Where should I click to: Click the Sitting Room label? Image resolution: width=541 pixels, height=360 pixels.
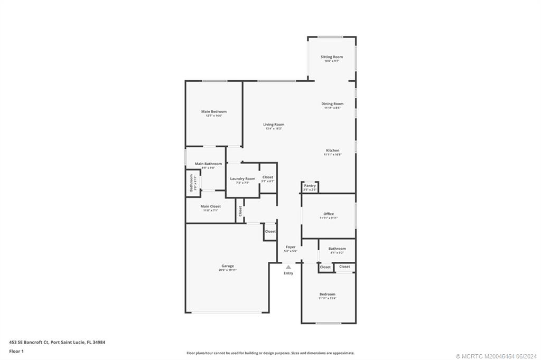tap(332, 57)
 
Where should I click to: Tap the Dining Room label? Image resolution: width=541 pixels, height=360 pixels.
tap(332, 104)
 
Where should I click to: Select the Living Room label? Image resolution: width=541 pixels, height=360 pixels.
tap(274, 125)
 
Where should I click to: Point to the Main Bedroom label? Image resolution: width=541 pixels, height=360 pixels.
tap(214, 112)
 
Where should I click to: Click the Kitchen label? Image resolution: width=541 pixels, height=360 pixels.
tap(332, 150)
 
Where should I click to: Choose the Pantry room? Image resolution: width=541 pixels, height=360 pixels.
tap(310, 187)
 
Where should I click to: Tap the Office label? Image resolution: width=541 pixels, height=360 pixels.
tap(328, 214)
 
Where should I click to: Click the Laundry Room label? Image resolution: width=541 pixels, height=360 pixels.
tap(242, 178)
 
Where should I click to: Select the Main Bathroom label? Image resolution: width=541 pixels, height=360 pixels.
tap(208, 164)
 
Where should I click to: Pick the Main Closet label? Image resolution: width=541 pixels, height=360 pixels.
tap(210, 206)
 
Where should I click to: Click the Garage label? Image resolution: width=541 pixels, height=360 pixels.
tap(228, 266)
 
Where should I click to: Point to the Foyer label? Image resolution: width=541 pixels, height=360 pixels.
tap(291, 247)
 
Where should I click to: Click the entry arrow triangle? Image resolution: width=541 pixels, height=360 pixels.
tap(288, 267)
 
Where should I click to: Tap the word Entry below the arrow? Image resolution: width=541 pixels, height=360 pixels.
tap(288, 273)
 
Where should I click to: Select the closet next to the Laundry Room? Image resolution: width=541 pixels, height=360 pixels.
tap(268, 179)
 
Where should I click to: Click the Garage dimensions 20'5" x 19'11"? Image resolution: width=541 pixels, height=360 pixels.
tap(228, 270)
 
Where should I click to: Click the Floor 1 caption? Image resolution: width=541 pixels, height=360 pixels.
tap(17, 351)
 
